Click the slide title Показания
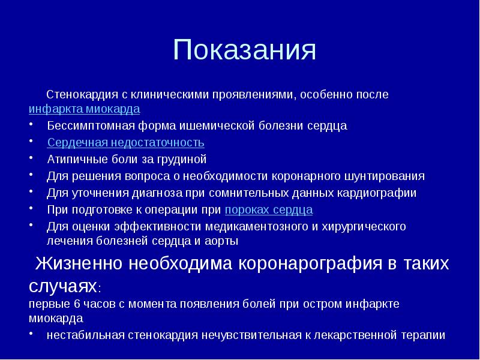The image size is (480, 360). tap(244, 50)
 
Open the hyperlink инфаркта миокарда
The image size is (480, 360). tap(85, 109)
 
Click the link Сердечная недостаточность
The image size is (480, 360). tap(126, 143)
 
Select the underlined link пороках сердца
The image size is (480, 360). tap(268, 210)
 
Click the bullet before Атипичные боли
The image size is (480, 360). tap(31, 160)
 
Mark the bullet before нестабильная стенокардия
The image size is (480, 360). tap(31, 335)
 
